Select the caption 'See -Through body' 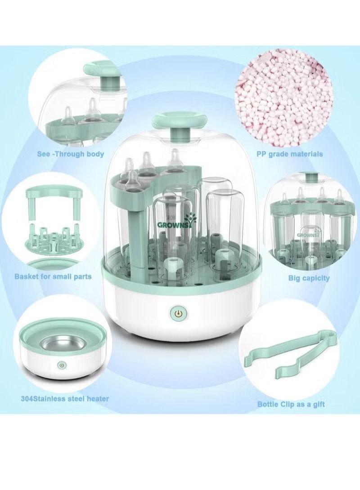tap(71, 154)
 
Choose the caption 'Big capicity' tap(309, 278)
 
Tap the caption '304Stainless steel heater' tap(64, 399)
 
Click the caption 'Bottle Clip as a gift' tap(291, 405)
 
